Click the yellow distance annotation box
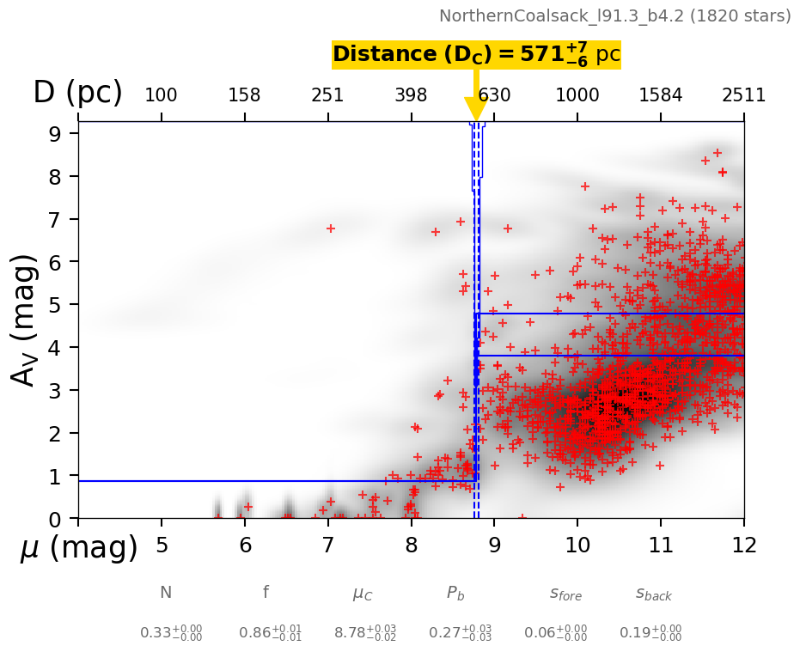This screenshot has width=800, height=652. (476, 55)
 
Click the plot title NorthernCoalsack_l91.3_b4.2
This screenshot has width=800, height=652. (614, 15)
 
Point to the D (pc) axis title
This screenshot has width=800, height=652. (77, 93)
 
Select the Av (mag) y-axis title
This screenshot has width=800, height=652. (27, 320)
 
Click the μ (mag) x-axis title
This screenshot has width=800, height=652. (79, 547)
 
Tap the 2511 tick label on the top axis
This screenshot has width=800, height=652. (743, 95)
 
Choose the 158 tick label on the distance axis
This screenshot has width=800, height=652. (244, 95)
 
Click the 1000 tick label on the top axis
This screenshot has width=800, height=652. (577, 95)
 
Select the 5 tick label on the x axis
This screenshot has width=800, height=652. (162, 545)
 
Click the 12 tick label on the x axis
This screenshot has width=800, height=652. (743, 545)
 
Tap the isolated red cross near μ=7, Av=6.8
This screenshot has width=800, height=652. (330, 229)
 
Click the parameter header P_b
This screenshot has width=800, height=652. (456, 593)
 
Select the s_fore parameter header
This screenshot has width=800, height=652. (565, 594)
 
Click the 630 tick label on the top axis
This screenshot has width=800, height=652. (494, 95)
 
